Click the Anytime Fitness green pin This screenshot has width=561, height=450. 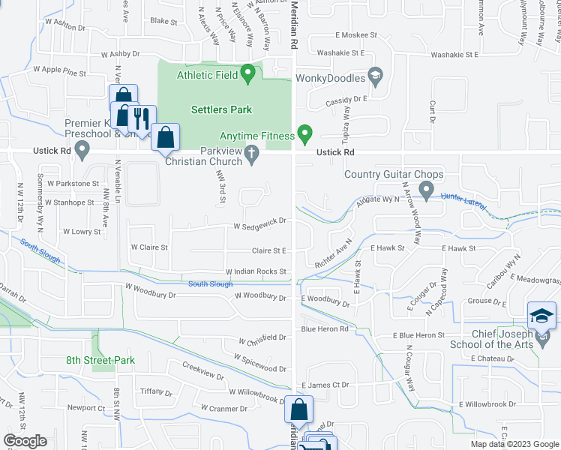[304, 134]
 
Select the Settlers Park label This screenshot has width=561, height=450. [221, 109]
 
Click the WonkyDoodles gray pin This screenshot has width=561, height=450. [376, 76]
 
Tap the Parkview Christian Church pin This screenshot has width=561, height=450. [252, 154]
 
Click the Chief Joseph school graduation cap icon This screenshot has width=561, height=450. [541, 316]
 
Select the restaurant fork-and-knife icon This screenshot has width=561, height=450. [140, 118]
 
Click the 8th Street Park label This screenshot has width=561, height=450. [100, 360]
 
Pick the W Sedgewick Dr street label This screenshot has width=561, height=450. [260, 223]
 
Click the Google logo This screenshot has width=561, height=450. [25, 441]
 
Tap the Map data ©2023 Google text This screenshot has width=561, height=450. [514, 444]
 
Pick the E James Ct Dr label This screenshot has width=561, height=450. [325, 385]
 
